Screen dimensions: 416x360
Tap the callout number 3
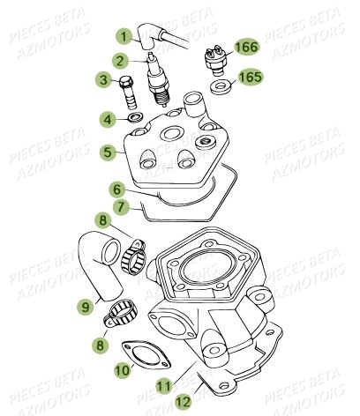103,82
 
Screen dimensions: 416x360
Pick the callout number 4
107,118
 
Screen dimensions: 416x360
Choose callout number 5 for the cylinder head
108,152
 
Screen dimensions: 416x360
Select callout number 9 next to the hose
86,307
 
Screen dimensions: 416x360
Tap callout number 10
122,372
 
